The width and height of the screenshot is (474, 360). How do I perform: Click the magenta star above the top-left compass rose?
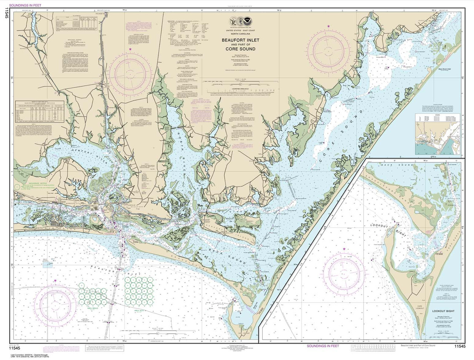point(130,49)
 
